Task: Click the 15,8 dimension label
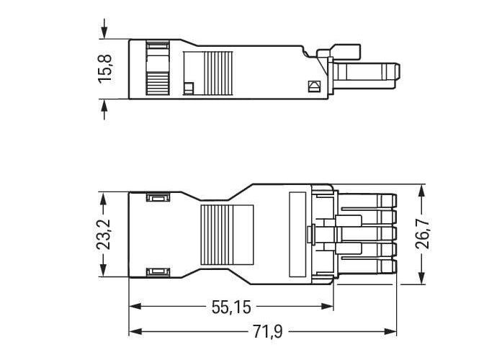[105, 69]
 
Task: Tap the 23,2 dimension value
[103, 235]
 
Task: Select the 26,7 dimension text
[422, 234]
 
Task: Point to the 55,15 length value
[231, 307]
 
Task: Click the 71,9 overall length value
[268, 331]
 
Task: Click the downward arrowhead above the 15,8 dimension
[104, 32]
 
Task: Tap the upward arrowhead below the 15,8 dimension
[104, 106]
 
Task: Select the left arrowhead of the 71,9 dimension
[135, 331]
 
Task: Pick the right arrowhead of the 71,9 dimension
[390, 331]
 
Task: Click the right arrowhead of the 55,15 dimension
[327, 307]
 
